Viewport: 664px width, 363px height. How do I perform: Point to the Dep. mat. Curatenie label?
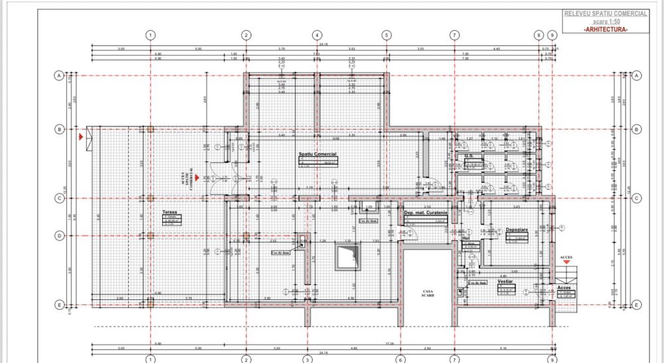pyautogui.click(x=426, y=213)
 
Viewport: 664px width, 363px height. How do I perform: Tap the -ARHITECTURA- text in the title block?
pyautogui.click(x=605, y=29)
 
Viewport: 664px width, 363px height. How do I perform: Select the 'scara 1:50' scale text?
pyautogui.click(x=605, y=21)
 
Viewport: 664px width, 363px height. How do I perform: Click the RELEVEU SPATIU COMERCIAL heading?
pyautogui.click(x=605, y=13)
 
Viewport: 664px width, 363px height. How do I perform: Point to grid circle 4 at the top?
pyautogui.click(x=317, y=35)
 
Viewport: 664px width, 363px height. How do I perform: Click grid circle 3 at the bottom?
pyautogui.click(x=307, y=360)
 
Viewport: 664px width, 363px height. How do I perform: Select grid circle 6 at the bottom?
pyautogui.click(x=401, y=360)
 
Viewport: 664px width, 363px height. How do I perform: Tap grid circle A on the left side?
pyautogui.click(x=58, y=76)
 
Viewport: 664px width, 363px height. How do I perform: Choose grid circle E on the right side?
pyautogui.click(x=636, y=305)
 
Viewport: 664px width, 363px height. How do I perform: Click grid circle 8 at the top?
pyautogui.click(x=539, y=35)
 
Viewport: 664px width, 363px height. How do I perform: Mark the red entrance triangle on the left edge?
pyautogui.click(x=80, y=136)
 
